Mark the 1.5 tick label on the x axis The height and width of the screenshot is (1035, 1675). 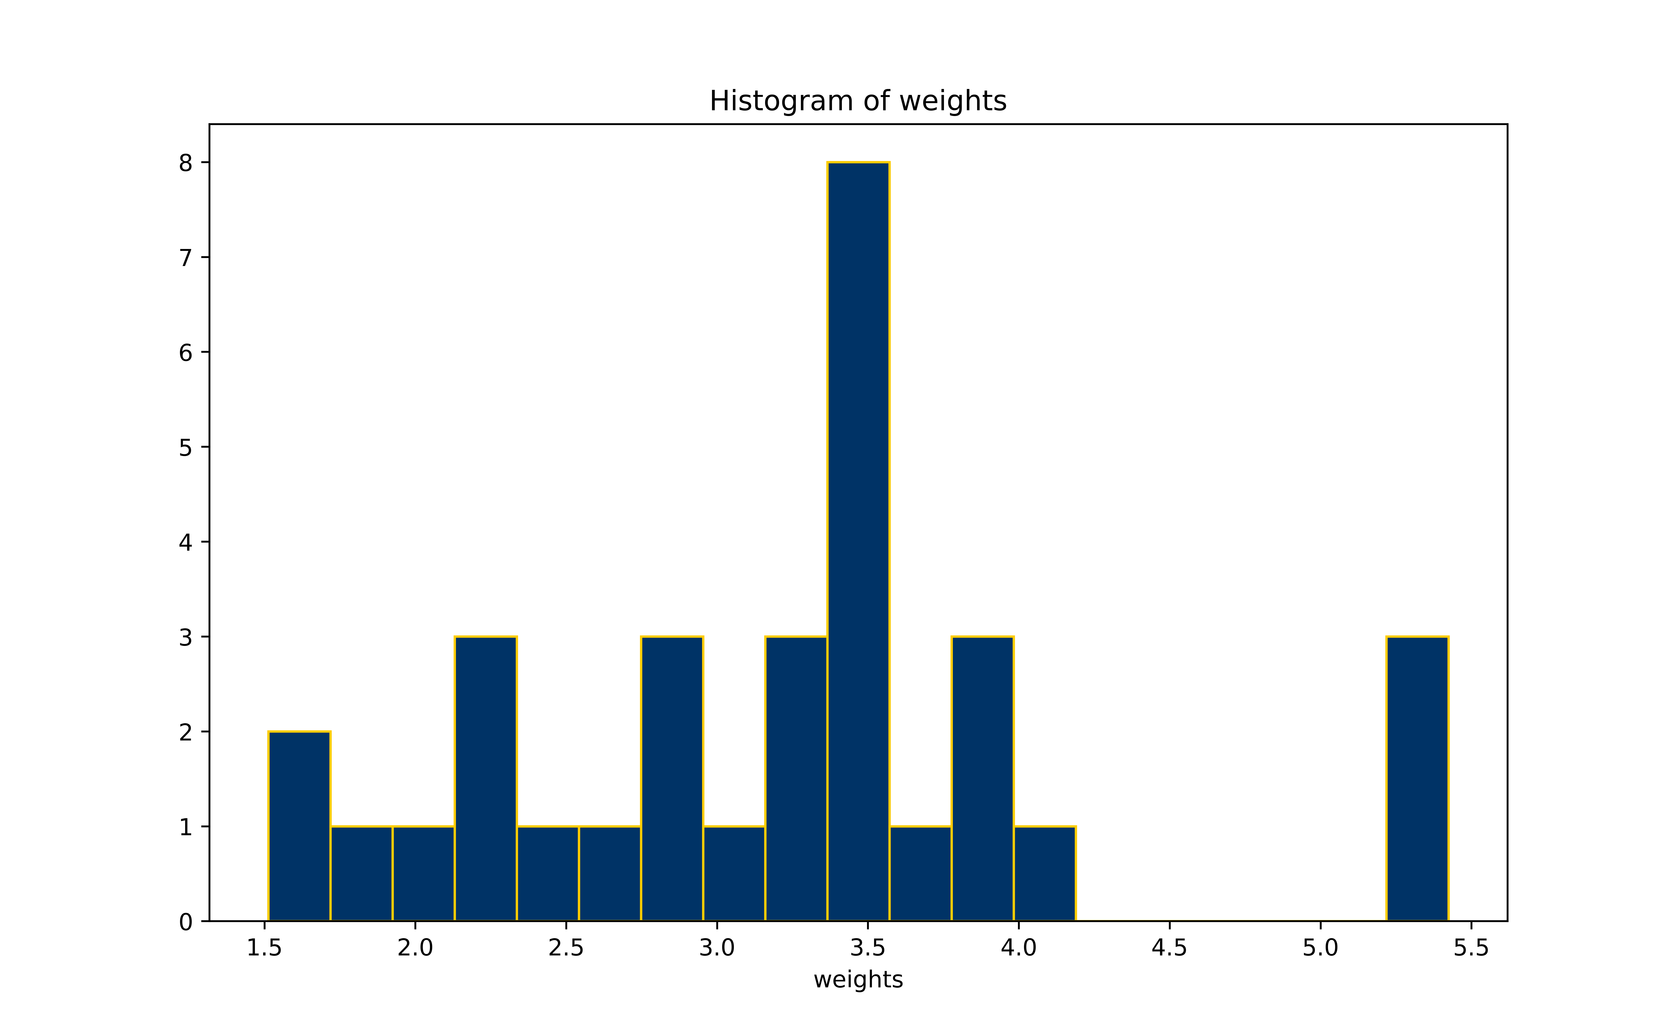coord(264,948)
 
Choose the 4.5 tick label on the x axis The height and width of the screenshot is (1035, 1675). coord(1169,948)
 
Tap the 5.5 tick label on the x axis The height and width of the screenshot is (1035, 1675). coord(1471,948)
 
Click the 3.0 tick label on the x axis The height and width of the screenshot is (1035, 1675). coord(717,948)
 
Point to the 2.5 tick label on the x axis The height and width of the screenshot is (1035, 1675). coord(566,948)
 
